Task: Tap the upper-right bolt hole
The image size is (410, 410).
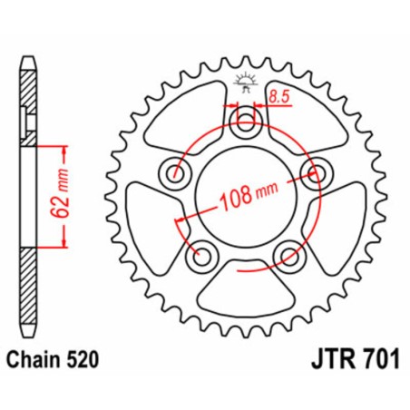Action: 317,173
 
